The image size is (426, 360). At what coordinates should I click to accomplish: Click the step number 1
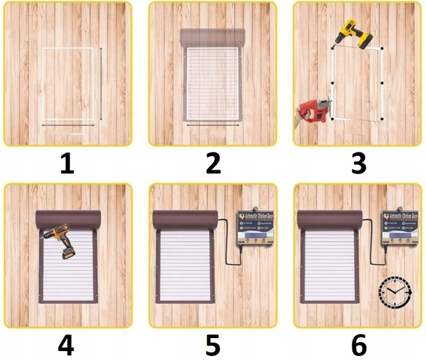(x=67, y=163)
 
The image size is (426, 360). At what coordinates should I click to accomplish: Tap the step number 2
(x=212, y=163)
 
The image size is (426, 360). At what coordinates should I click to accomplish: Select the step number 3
(x=358, y=163)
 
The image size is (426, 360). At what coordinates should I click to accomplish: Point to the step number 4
(x=66, y=345)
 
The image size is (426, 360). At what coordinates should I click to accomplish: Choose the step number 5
(x=212, y=345)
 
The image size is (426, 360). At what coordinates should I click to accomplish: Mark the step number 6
(x=358, y=345)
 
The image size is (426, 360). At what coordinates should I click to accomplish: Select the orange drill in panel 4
(x=59, y=239)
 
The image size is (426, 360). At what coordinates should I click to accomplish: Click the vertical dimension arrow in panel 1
(x=101, y=82)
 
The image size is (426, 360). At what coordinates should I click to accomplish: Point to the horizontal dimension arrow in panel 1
(x=66, y=125)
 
